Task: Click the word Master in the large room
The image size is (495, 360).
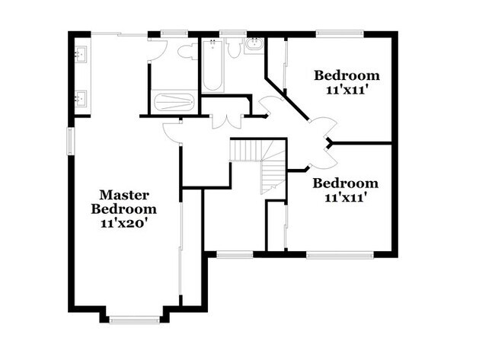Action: tap(124, 195)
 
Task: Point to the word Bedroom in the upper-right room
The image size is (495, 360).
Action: tap(346, 75)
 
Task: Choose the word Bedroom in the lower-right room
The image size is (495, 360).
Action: tap(346, 183)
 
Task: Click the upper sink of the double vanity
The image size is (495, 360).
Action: tap(81, 54)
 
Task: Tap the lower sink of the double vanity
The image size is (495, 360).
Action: tap(81, 98)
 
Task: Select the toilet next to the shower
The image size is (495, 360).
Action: tap(185, 52)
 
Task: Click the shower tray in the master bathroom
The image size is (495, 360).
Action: tap(174, 102)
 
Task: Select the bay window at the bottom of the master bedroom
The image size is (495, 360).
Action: tap(133, 319)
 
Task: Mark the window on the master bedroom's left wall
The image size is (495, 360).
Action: tap(70, 141)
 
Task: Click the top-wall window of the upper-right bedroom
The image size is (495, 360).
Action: tap(340, 33)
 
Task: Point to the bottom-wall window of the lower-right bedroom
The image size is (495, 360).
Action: tap(339, 256)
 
